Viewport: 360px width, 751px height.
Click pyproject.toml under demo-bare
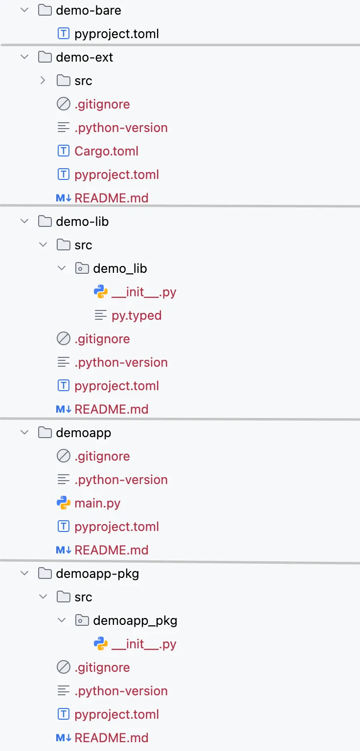(116, 34)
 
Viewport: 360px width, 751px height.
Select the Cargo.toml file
(106, 151)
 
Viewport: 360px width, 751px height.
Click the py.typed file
(136, 315)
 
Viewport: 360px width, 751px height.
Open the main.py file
(97, 503)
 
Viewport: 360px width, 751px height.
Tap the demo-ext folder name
(84, 57)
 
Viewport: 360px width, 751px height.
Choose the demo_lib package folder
(120, 268)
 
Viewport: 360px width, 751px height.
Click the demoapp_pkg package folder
(135, 620)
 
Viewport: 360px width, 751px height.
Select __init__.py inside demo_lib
(144, 292)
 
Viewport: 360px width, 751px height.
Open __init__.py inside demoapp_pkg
(144, 644)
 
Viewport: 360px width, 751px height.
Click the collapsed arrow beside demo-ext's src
(43, 81)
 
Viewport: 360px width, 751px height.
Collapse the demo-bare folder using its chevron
(24, 10)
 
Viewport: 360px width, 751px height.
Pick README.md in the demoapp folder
(111, 550)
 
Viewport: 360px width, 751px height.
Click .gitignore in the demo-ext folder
(102, 104)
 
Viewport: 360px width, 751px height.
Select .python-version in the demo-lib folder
(121, 362)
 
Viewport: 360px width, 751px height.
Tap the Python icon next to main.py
(63, 503)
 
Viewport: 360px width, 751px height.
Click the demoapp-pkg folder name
(97, 574)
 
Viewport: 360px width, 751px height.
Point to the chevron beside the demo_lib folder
(62, 268)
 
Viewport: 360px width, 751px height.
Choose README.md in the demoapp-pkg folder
(111, 738)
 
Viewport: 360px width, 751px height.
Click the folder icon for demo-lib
(45, 221)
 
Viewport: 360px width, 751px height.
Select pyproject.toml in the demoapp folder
(116, 527)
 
